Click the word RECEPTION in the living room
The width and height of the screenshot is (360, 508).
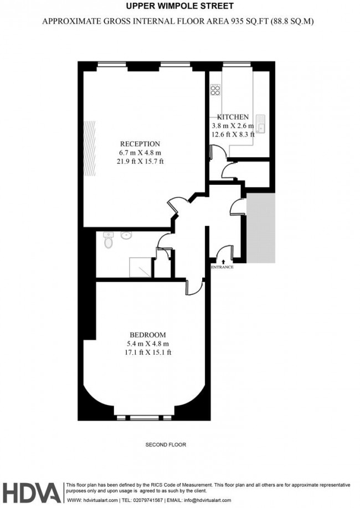[x=139, y=144]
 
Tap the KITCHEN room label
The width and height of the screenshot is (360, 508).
[x=233, y=117]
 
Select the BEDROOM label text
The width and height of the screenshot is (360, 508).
[x=147, y=335]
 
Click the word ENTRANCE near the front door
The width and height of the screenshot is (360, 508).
[x=222, y=267]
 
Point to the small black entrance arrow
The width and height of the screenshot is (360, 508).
[x=223, y=260]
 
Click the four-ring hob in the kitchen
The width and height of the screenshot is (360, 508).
[x=215, y=90]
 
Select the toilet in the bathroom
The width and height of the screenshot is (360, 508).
[x=109, y=241]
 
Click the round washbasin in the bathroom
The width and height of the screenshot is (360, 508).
[x=126, y=235]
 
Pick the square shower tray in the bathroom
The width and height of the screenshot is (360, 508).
[x=140, y=267]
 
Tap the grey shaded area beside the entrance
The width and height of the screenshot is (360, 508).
[x=261, y=228]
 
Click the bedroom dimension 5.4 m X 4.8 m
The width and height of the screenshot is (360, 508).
[x=147, y=344]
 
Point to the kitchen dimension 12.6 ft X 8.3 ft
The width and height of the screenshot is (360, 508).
[x=233, y=133]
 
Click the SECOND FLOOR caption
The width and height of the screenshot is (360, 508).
[x=166, y=445]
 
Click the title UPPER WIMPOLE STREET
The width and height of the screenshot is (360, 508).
[x=179, y=7]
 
